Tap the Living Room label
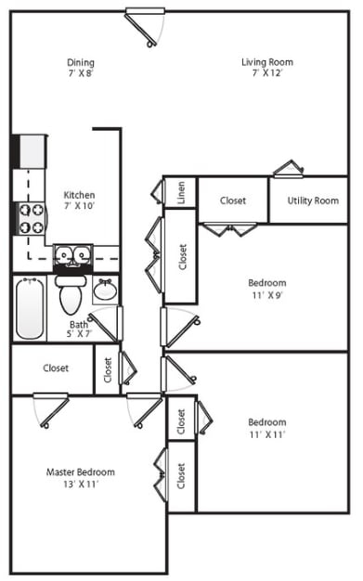[x=267, y=62]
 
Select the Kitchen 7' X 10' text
[x=79, y=200]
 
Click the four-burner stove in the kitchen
[x=32, y=219]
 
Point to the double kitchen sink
[x=72, y=255]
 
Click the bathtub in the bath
[x=30, y=309]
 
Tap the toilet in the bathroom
[x=71, y=294]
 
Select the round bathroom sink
[x=106, y=290]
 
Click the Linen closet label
[x=181, y=192]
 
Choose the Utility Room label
[x=313, y=200]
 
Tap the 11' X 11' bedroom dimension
[x=267, y=434]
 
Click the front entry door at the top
[x=145, y=28]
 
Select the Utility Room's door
[x=289, y=169]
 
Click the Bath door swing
[x=106, y=324]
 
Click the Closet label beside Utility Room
[x=233, y=200]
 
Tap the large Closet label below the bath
[x=56, y=368]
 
